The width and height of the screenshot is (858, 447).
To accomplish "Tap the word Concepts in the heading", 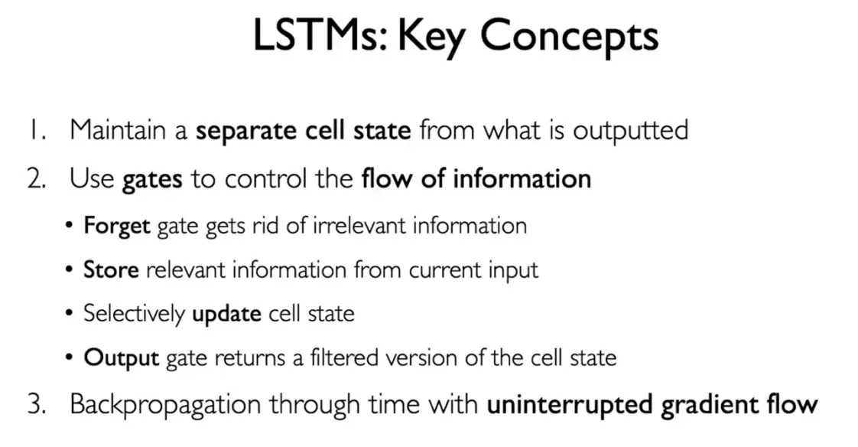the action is [x=569, y=38].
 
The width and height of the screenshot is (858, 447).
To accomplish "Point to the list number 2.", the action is [x=37, y=179].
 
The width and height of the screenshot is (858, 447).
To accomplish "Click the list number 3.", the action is [x=37, y=405].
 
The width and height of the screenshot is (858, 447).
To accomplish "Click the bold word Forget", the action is [x=117, y=227].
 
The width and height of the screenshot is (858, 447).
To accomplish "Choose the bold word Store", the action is [x=111, y=269].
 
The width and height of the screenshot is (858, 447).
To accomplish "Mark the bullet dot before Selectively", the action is [x=68, y=314].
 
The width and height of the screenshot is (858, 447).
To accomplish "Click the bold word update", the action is [x=226, y=315].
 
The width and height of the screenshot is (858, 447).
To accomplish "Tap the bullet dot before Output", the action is [x=68, y=357].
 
